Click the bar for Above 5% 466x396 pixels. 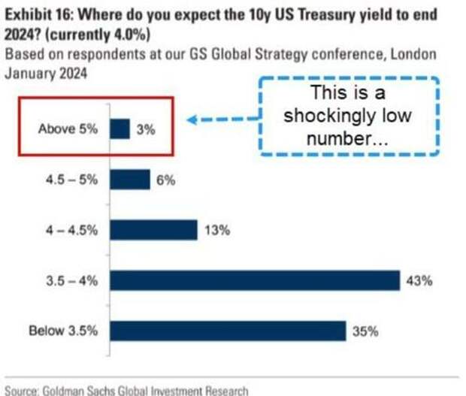[x=120, y=128]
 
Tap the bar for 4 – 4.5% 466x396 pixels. [x=153, y=230]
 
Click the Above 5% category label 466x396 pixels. [x=68, y=128]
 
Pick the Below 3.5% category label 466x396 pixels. [x=64, y=331]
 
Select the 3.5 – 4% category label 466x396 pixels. [x=72, y=281]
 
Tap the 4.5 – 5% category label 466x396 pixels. [x=72, y=180]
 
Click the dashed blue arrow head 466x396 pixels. [x=190, y=119]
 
